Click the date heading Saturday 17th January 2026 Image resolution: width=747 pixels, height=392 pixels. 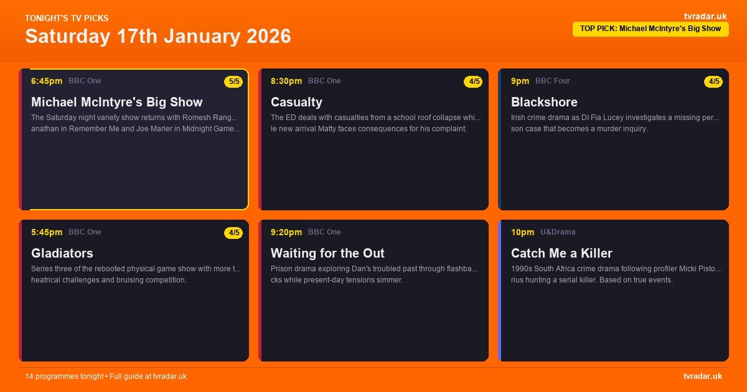158,36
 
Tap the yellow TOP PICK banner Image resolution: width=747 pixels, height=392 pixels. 651,29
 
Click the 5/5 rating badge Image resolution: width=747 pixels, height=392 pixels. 234,82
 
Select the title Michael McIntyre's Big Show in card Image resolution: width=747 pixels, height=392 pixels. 117,102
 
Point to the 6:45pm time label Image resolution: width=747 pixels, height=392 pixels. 47,81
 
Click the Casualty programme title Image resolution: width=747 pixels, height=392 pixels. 296,102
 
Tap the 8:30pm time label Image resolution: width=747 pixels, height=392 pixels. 286,81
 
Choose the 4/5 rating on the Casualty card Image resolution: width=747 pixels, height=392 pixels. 474,82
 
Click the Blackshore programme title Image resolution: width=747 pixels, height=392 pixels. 544,102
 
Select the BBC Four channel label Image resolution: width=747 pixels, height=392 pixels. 553,81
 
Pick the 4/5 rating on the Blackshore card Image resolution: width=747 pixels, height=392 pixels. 713,82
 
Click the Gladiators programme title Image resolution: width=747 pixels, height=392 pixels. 62,253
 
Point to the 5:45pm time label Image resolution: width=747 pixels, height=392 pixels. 47,232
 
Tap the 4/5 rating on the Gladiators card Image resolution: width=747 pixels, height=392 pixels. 234,233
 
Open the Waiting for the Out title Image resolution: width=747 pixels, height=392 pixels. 327,253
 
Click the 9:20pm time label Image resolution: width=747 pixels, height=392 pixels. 286,232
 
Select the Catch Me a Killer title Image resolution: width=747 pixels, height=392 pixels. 561,253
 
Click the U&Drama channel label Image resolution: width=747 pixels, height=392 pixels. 558,232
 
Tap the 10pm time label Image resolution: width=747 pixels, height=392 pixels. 522,232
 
